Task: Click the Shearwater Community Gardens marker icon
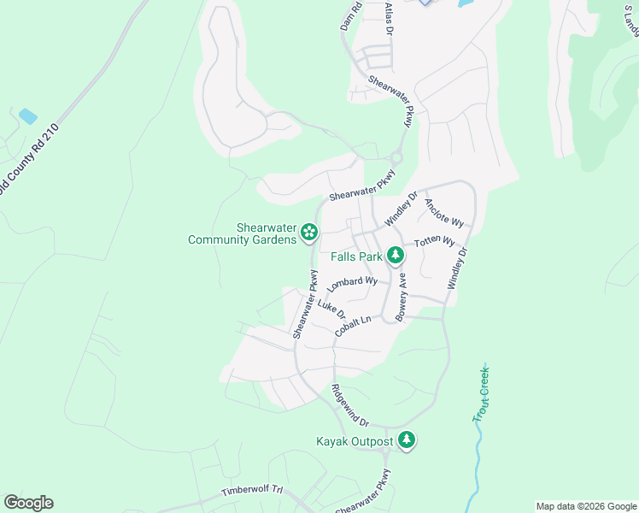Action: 309,232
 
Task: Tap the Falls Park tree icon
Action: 395,255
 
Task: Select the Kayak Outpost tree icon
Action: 407,441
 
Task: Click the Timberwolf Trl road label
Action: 252,492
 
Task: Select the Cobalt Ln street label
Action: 354,326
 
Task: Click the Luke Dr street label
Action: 331,307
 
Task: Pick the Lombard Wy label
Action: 352,283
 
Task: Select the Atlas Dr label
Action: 389,18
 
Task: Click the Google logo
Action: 28,503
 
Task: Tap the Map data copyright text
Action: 586,506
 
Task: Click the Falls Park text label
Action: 357,256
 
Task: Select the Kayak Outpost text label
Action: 355,442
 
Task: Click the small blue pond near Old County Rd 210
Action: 27,115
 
